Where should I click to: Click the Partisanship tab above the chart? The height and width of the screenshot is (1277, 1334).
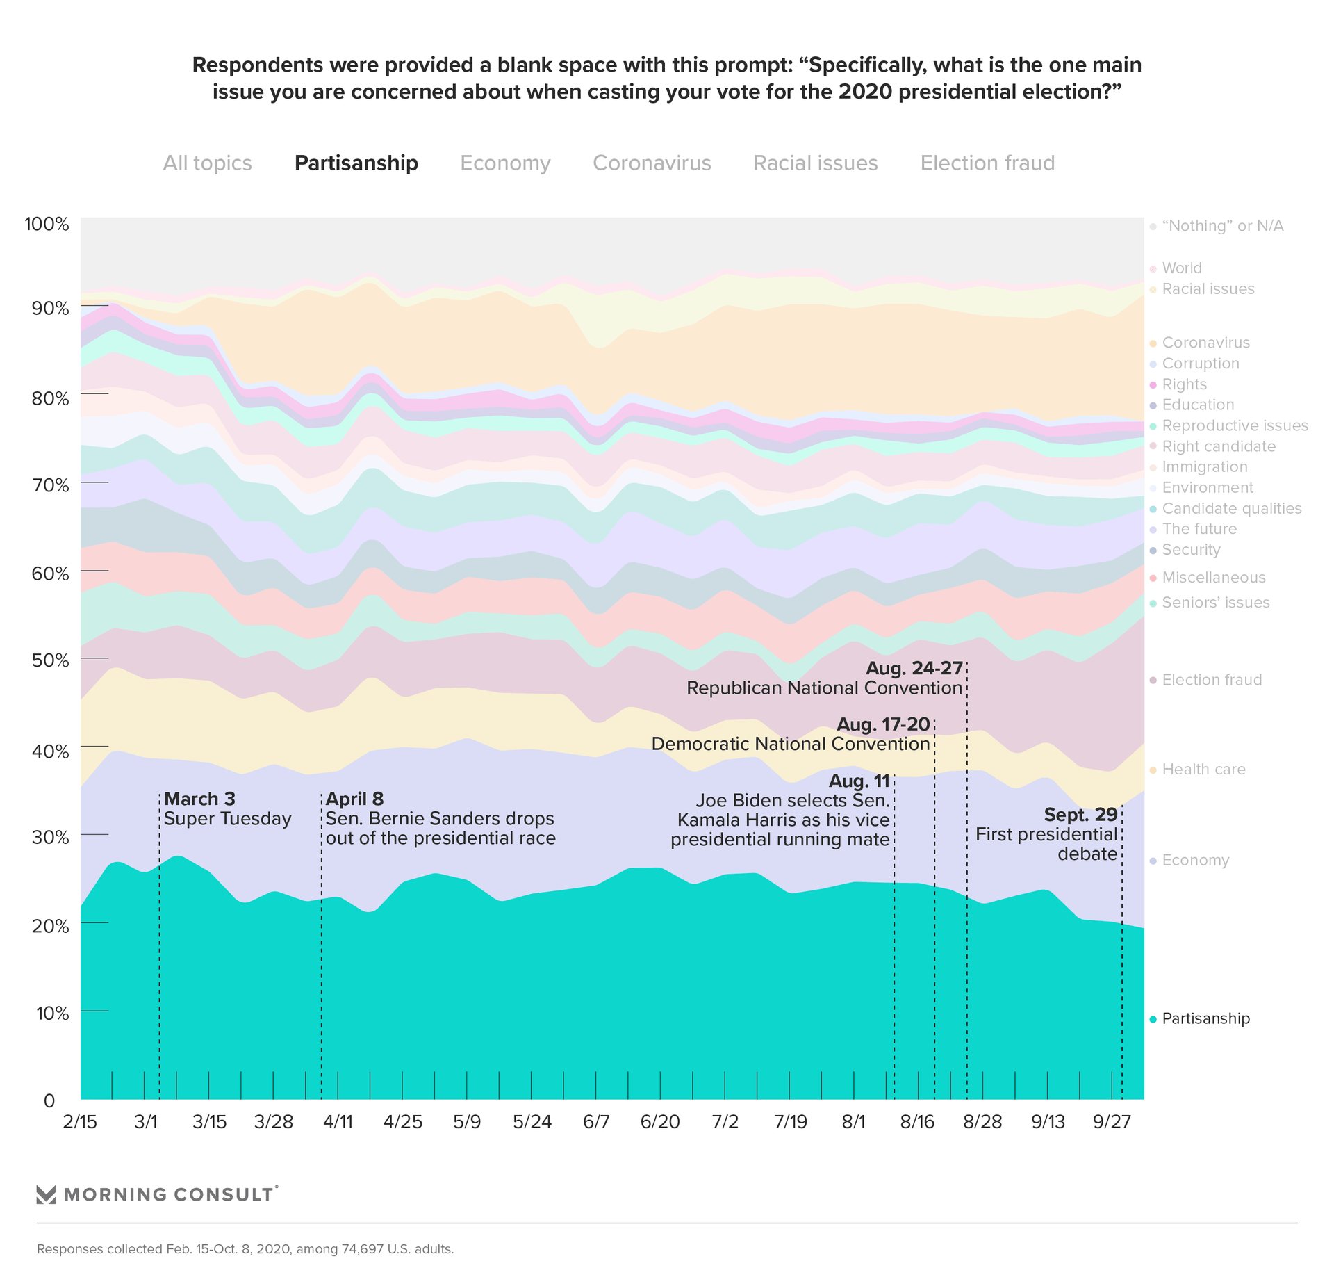click(356, 163)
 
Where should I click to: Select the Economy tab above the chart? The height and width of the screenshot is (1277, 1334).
click(505, 163)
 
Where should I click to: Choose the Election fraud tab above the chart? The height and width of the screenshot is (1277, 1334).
click(987, 163)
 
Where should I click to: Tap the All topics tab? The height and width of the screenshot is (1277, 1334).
click(207, 163)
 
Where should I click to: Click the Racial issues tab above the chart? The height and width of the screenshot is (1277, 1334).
click(815, 163)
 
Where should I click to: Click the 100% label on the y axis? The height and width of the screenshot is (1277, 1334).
click(47, 225)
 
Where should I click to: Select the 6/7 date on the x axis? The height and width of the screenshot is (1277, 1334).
click(596, 1123)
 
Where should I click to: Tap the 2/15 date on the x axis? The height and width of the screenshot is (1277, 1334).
click(80, 1123)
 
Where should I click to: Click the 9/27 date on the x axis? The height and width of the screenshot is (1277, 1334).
click(1112, 1123)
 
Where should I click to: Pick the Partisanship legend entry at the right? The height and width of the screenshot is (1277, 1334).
click(1205, 1018)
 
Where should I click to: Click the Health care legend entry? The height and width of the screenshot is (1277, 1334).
click(1203, 770)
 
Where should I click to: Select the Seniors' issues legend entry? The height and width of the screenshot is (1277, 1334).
click(1215, 603)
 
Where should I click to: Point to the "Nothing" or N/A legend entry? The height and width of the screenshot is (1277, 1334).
click(1222, 226)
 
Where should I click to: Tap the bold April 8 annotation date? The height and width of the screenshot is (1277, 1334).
click(354, 799)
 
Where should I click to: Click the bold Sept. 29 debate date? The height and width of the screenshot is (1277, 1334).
click(1080, 815)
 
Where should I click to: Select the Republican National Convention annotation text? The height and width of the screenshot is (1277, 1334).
click(824, 688)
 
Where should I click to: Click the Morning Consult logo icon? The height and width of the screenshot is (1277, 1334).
click(46, 1194)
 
